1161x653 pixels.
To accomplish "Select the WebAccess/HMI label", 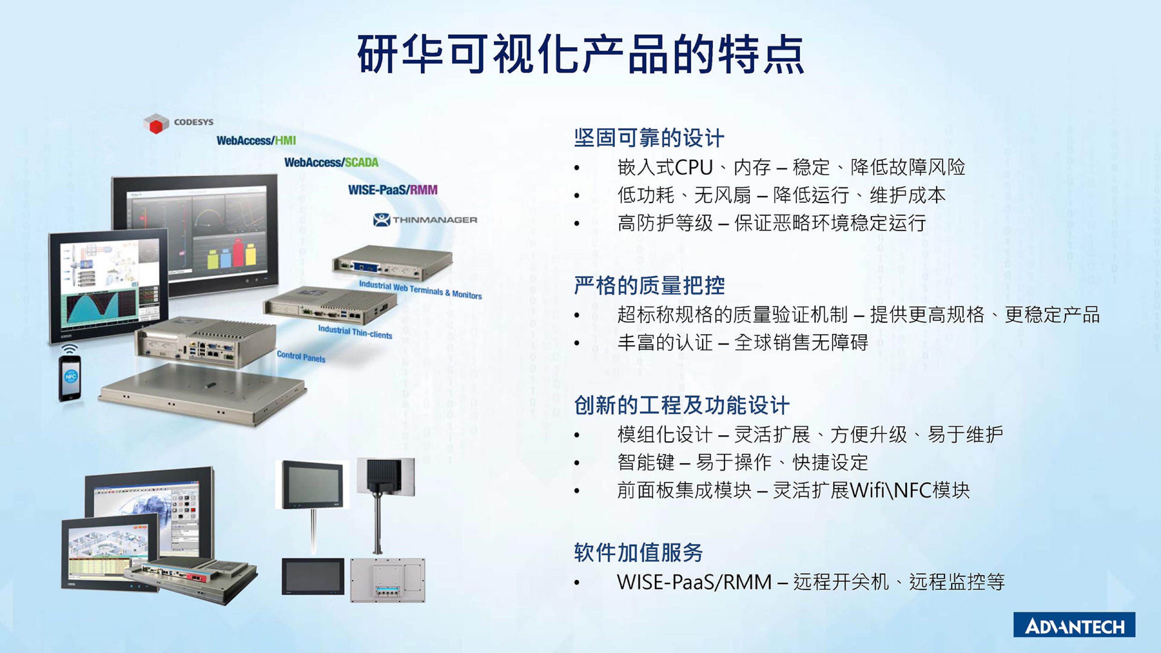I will (256, 141).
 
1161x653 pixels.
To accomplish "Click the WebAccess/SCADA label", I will (331, 162).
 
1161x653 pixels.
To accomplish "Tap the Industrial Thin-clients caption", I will (355, 332).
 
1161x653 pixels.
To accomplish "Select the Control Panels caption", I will (301, 357).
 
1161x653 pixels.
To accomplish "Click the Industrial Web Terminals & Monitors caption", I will (420, 290).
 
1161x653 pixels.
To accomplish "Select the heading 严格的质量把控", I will (649, 285).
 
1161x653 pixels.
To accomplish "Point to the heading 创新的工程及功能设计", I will (681, 405).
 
